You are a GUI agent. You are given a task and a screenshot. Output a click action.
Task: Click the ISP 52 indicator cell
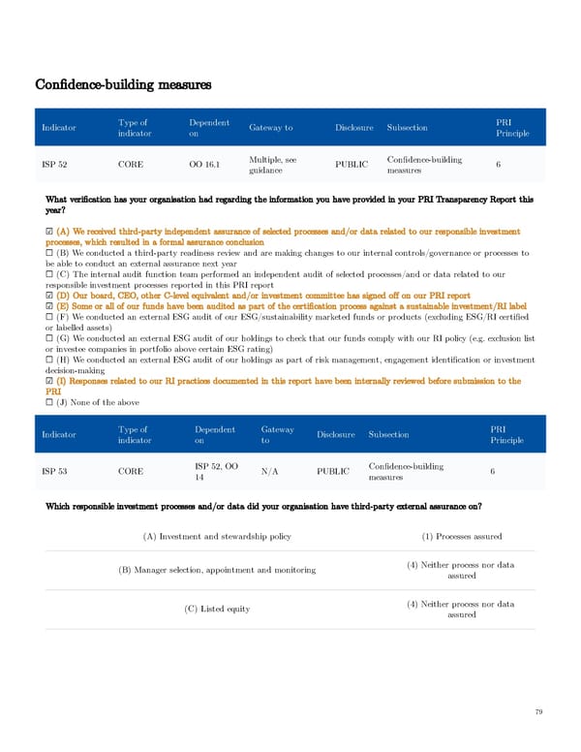[55, 165]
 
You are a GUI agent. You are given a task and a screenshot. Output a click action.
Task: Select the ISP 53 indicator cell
[55, 472]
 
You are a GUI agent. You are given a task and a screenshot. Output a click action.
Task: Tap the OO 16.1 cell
[204, 165]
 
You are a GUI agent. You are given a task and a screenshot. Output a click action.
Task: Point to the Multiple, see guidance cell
[272, 165]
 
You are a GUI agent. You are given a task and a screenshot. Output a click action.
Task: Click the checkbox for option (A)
[49, 233]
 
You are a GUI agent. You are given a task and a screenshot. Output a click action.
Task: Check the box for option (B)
[49, 253]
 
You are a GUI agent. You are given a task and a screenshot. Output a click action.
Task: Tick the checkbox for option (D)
[49, 296]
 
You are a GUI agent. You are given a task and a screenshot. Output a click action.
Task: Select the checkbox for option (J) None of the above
[49, 429]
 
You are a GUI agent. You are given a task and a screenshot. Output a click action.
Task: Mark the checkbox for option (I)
[49, 409]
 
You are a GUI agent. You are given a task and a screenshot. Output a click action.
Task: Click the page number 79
[538, 712]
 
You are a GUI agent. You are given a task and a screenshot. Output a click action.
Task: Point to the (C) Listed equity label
[217, 609]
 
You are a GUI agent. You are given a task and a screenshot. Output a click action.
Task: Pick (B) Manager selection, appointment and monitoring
[217, 570]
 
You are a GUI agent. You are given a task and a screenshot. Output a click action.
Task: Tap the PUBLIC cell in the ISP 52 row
[351, 165]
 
